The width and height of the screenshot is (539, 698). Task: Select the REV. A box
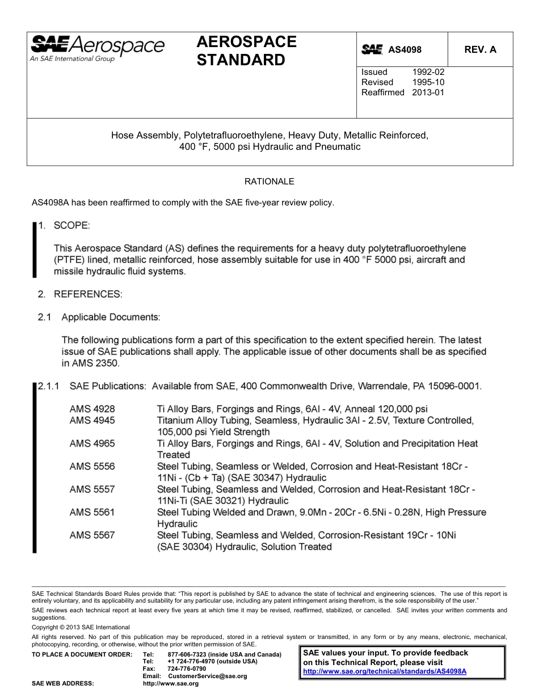tap(480, 50)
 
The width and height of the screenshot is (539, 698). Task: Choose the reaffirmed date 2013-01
tap(428, 92)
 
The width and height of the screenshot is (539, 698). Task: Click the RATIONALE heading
tap(269, 182)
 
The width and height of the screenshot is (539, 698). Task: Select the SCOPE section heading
tap(71, 226)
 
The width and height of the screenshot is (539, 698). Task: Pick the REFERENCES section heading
tap(87, 294)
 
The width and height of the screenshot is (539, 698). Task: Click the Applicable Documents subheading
tap(111, 317)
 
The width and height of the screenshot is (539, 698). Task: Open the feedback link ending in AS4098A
tap(385, 671)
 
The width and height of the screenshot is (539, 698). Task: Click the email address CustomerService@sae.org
tap(208, 676)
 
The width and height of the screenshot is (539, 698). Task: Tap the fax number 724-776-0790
tap(187, 669)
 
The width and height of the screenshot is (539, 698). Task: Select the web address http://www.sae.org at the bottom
tap(171, 684)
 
